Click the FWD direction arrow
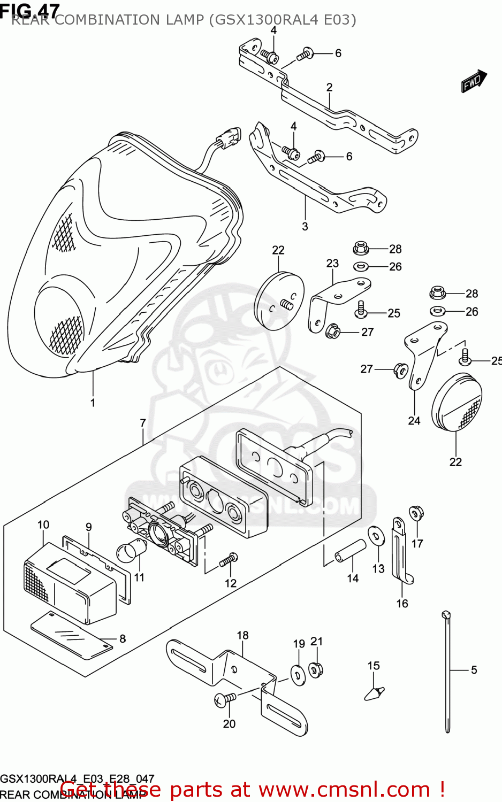[474, 81]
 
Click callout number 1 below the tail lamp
[93, 403]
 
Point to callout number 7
[143, 423]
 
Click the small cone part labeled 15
[374, 692]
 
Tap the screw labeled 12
[229, 559]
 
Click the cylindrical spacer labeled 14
[351, 551]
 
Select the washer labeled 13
[376, 536]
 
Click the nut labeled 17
[416, 513]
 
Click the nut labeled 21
[316, 668]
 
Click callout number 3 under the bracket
[305, 226]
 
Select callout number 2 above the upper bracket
[330, 87]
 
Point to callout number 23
[332, 263]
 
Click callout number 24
[414, 421]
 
